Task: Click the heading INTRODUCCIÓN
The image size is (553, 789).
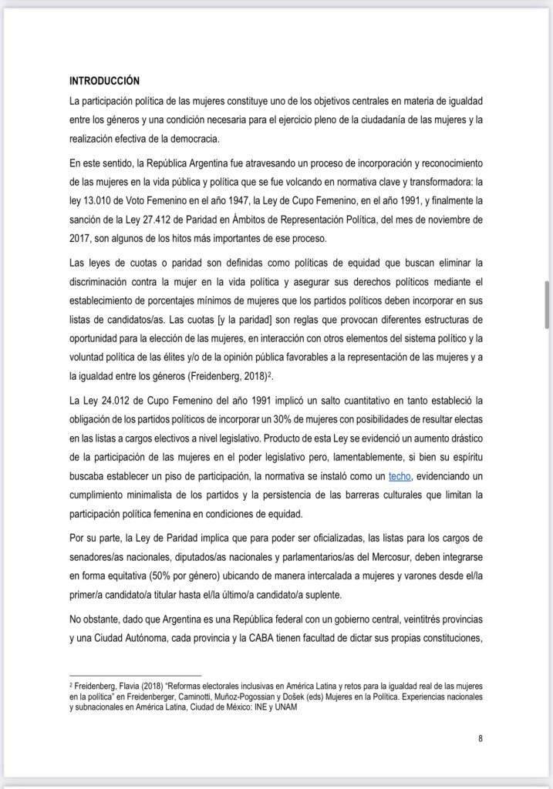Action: (104, 80)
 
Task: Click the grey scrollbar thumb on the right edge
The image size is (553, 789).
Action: (548, 304)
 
